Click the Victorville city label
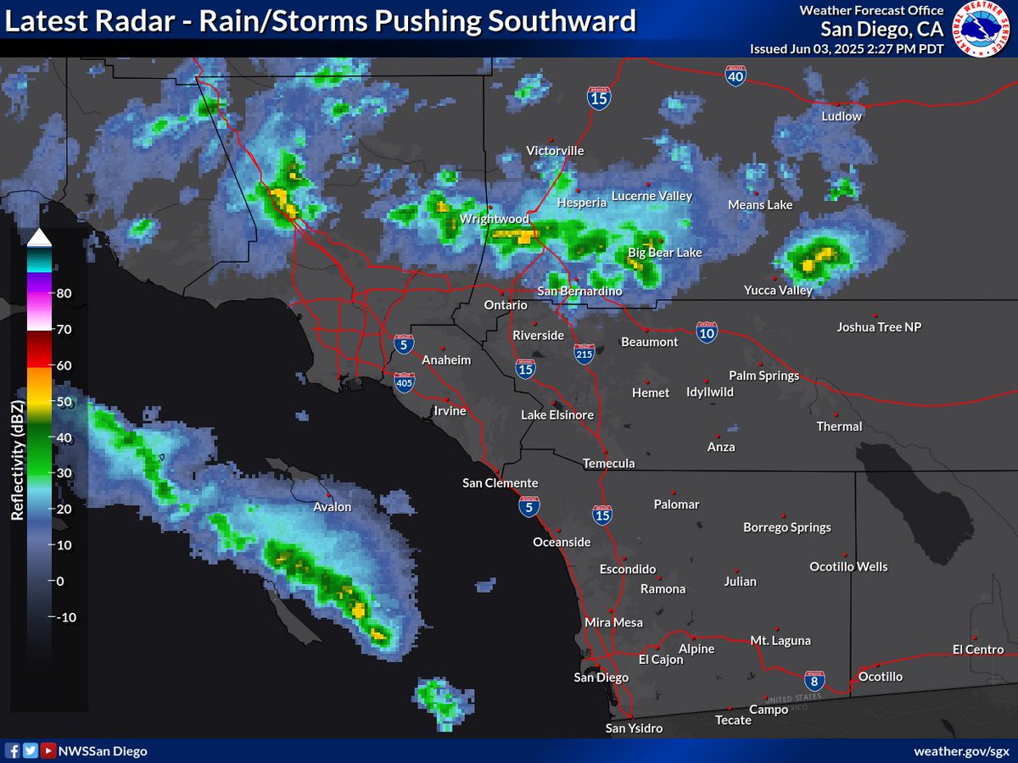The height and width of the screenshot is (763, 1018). coord(555,151)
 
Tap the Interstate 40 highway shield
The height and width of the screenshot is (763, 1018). coord(736,75)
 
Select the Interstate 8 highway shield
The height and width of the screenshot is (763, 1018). coord(814,680)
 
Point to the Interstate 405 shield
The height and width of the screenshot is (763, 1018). coord(406,383)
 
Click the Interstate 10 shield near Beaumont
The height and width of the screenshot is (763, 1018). coord(706,331)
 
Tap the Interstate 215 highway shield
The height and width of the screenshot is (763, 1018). coord(584,354)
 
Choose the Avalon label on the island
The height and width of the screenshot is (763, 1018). coord(332,507)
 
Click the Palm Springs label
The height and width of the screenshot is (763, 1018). coord(763,376)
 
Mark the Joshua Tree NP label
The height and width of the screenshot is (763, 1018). coord(879,326)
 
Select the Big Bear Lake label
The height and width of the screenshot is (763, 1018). coord(665,253)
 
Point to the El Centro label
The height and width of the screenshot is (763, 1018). coord(978,649)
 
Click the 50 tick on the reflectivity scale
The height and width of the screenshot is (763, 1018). coord(64,402)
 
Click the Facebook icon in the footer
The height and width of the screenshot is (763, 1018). coord(13,751)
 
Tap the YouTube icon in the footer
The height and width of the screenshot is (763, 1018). coord(48,751)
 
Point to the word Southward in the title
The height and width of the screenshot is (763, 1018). coord(551,21)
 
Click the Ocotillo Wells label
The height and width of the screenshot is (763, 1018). coord(848,566)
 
